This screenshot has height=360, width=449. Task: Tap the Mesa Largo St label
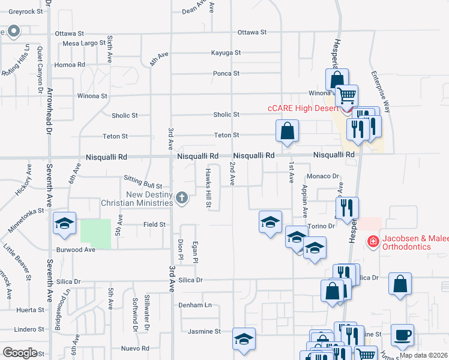click(x=83, y=43)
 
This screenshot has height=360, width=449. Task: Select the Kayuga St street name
click(x=226, y=53)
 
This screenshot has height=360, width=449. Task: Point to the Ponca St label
click(x=226, y=74)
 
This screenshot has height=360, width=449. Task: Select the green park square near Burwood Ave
click(x=95, y=234)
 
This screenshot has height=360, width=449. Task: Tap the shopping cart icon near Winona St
click(x=346, y=95)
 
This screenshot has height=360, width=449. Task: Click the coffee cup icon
click(x=403, y=335)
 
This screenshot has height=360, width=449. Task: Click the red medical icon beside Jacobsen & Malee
click(x=373, y=241)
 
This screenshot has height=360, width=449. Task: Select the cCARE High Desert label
click(x=304, y=109)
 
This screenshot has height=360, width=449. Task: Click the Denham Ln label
click(x=196, y=305)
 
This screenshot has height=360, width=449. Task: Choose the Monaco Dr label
click(x=323, y=176)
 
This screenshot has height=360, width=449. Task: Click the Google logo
click(x=20, y=352)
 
